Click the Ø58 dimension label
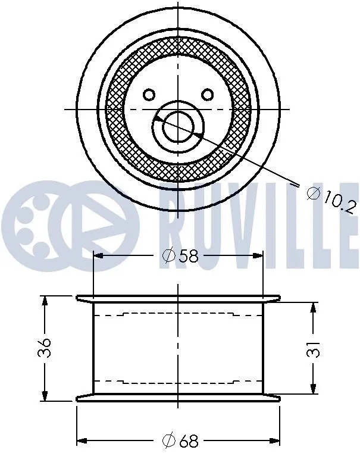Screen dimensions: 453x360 point(180,256)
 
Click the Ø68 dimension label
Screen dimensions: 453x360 point(180,441)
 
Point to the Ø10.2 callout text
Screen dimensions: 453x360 point(331,200)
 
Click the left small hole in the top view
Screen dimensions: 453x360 point(149,94)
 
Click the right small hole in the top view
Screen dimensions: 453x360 point(207,94)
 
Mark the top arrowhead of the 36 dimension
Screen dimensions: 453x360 point(45,300)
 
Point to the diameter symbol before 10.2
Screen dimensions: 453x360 point(313,193)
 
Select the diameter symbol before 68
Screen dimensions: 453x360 point(168,441)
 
